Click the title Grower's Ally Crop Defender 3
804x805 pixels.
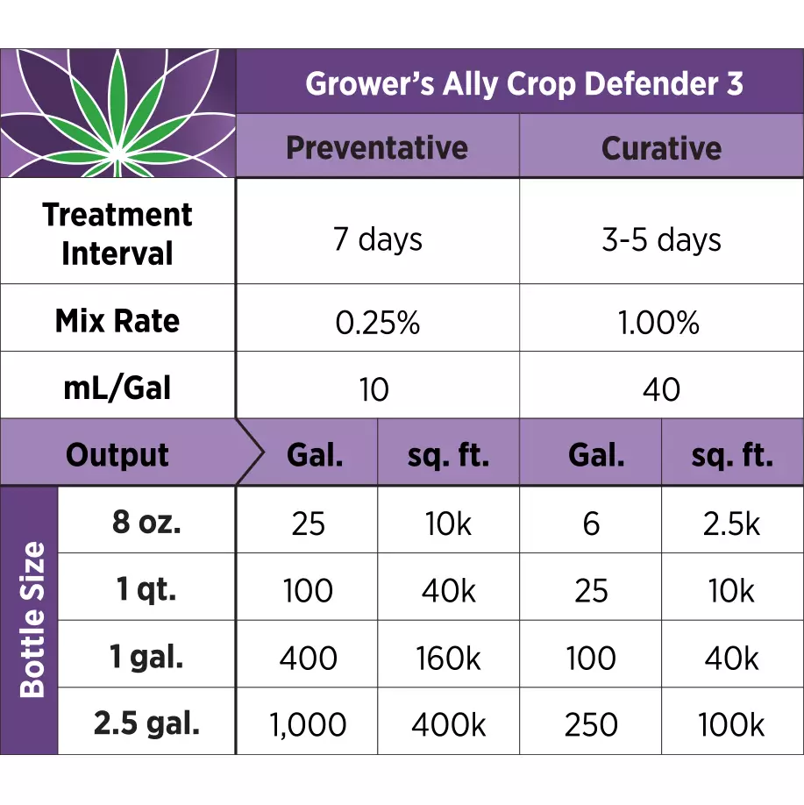point(523,84)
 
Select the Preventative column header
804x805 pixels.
point(377,147)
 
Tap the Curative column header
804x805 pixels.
point(661,147)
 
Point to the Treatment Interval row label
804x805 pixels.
point(117,233)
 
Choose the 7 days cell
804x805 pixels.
point(377,239)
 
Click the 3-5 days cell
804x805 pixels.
point(661,239)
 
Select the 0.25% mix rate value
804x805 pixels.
point(377,323)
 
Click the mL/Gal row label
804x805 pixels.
point(117,388)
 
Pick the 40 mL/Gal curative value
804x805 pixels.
point(661,388)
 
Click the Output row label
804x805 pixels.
point(117,455)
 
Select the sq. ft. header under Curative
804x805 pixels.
point(732,455)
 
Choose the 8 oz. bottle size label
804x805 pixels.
point(147,523)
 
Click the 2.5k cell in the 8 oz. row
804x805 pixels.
point(732,524)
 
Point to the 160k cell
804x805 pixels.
point(449,658)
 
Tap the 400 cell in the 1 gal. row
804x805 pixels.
point(308,658)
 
